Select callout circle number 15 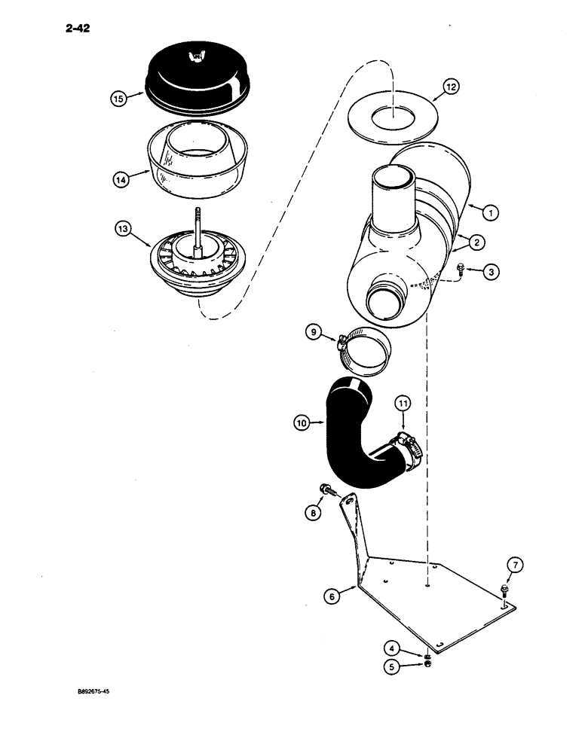[x=118, y=98]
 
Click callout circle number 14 [x=118, y=179]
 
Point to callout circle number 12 [x=449, y=88]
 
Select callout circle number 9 [x=317, y=331]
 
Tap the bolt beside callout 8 [x=334, y=490]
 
